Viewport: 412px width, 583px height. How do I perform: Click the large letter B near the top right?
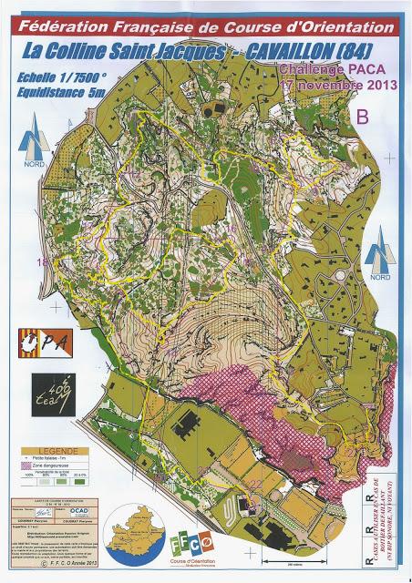[x=362, y=117]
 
